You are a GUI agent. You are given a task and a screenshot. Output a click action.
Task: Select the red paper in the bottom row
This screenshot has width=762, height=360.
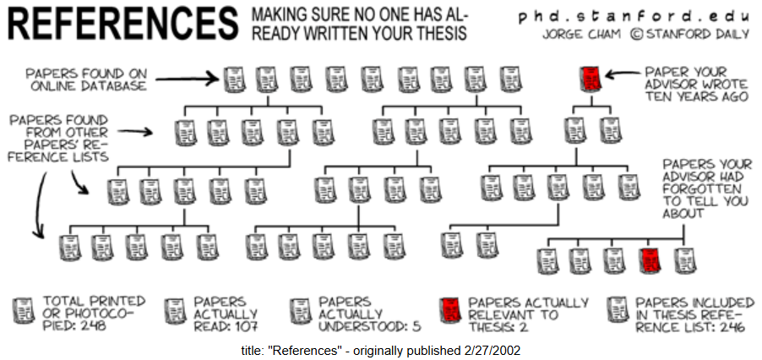click(651, 260)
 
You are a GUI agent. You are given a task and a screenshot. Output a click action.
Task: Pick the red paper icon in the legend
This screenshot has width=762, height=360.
click(450, 310)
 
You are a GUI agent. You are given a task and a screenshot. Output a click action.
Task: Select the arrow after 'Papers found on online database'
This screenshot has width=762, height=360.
click(187, 78)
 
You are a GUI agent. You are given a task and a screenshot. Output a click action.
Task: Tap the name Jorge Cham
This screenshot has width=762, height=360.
click(581, 35)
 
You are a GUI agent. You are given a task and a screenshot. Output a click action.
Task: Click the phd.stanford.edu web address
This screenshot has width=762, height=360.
click(634, 17)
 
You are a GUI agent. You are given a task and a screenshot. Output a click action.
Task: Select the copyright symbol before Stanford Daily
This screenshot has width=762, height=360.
click(636, 35)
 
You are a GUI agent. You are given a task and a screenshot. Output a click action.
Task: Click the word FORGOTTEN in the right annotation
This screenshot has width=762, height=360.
click(702, 188)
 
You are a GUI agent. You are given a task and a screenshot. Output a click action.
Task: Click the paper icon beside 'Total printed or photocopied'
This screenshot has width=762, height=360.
click(23, 310)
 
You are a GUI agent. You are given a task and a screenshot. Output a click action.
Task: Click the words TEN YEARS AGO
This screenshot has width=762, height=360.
click(696, 95)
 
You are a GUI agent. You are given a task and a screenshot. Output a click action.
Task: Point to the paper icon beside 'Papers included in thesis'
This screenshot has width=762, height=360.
click(618, 310)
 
